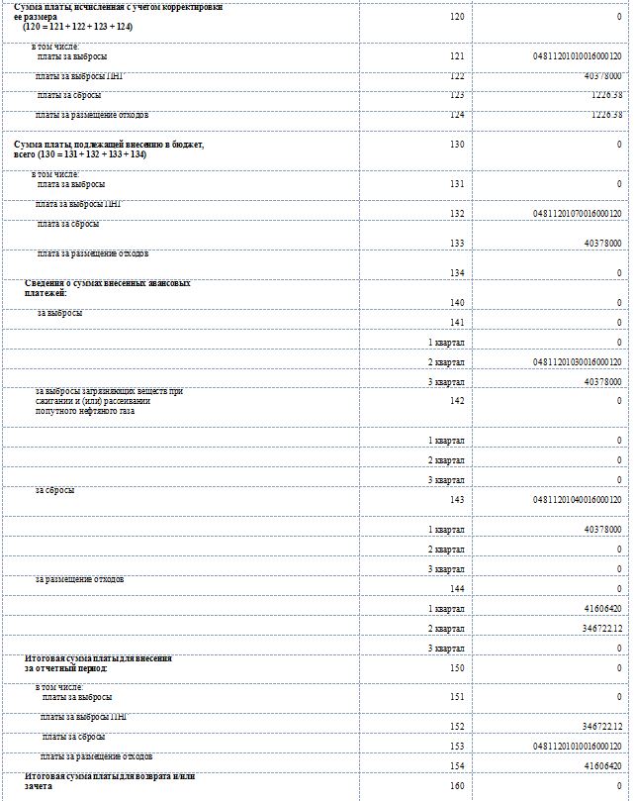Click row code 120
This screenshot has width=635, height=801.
[456, 17]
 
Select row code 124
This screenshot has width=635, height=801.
[456, 115]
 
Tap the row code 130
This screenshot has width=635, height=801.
[456, 145]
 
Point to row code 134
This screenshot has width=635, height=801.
[456, 272]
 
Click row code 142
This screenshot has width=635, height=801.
[456, 401]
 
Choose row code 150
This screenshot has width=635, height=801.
[456, 668]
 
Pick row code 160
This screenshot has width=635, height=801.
[456, 785]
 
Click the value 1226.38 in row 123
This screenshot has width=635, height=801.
[602, 95]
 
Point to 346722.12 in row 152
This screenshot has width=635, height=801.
[602, 727]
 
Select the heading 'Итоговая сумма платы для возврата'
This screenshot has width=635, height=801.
[109, 781]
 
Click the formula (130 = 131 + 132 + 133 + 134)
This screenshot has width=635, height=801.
[80, 154]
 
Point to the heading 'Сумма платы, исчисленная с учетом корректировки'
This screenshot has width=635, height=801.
[118, 7]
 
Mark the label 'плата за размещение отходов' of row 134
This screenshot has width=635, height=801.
[93, 253]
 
